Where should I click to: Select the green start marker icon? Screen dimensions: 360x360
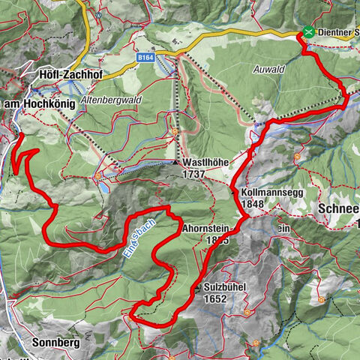308,32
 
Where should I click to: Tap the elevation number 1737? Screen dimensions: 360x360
195,173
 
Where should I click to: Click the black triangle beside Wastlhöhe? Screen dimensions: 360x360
175,162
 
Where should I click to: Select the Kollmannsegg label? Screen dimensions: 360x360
266,193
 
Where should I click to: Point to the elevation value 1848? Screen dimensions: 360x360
254,204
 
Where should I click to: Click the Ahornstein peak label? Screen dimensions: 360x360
207,228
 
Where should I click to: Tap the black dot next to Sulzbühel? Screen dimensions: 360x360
196,287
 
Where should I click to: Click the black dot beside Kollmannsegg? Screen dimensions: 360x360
235,191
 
